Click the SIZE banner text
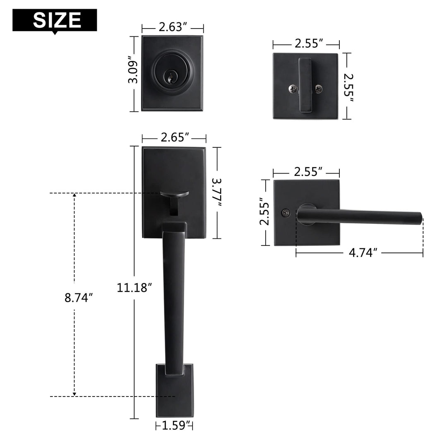[57, 19]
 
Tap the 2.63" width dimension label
[173, 28]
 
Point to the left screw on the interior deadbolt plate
[292, 88]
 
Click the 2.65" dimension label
[174, 138]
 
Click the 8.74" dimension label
[78, 298]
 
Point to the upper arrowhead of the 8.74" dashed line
[74, 197]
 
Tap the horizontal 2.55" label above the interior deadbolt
[309, 43]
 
